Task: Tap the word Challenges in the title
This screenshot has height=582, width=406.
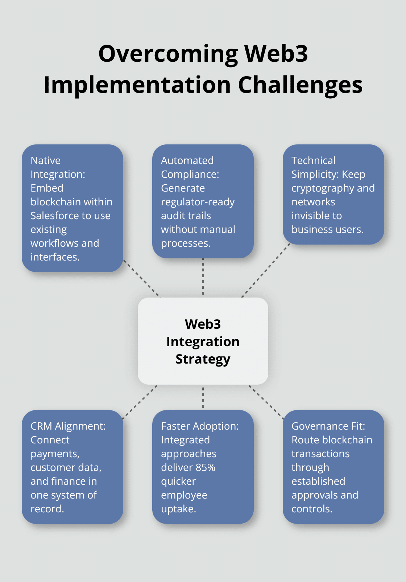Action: coord(300,85)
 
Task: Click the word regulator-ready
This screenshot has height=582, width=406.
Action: coord(198,202)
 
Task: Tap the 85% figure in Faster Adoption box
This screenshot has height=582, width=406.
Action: coord(206,467)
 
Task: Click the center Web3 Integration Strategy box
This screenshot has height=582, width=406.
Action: coord(203,341)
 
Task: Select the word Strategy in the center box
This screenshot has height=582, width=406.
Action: coord(203,359)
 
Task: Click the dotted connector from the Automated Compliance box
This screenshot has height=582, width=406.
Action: coord(203,278)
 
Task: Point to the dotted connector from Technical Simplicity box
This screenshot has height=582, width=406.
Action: coord(266,270)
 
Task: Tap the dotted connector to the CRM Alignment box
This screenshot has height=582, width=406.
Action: coord(140,402)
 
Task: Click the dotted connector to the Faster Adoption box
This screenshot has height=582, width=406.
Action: coord(203,397)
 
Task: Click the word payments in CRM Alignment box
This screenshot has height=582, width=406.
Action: coord(54,454)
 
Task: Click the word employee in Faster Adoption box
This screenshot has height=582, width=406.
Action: coord(184,495)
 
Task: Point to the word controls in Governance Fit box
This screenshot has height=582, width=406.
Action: coord(311,509)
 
